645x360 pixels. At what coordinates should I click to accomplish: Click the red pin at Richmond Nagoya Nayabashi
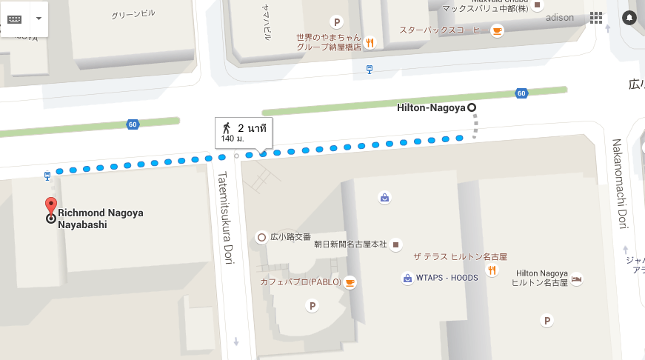pos(50,206)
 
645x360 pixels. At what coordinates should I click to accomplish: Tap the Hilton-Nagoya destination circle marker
pos(472,107)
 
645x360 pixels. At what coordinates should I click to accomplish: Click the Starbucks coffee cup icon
pos(497,30)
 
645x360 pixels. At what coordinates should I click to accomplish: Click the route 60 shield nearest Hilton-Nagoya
pos(522,93)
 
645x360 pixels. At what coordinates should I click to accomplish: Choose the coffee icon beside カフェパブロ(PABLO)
pos(350,282)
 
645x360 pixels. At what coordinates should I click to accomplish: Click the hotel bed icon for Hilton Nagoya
pos(577,279)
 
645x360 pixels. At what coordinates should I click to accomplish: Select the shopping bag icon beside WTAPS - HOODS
pos(407,279)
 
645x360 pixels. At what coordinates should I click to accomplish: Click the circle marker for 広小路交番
pos(261,238)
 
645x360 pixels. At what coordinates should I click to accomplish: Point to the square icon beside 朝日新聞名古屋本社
pos(395,244)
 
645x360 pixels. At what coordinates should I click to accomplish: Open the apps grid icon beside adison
pos(596,17)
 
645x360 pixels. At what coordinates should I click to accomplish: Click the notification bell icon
pos(629,17)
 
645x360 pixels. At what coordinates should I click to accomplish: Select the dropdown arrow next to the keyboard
pos(39,18)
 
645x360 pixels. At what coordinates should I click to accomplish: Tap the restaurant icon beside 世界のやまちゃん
pos(370,42)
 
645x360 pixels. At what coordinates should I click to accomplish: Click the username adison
pos(559,18)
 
